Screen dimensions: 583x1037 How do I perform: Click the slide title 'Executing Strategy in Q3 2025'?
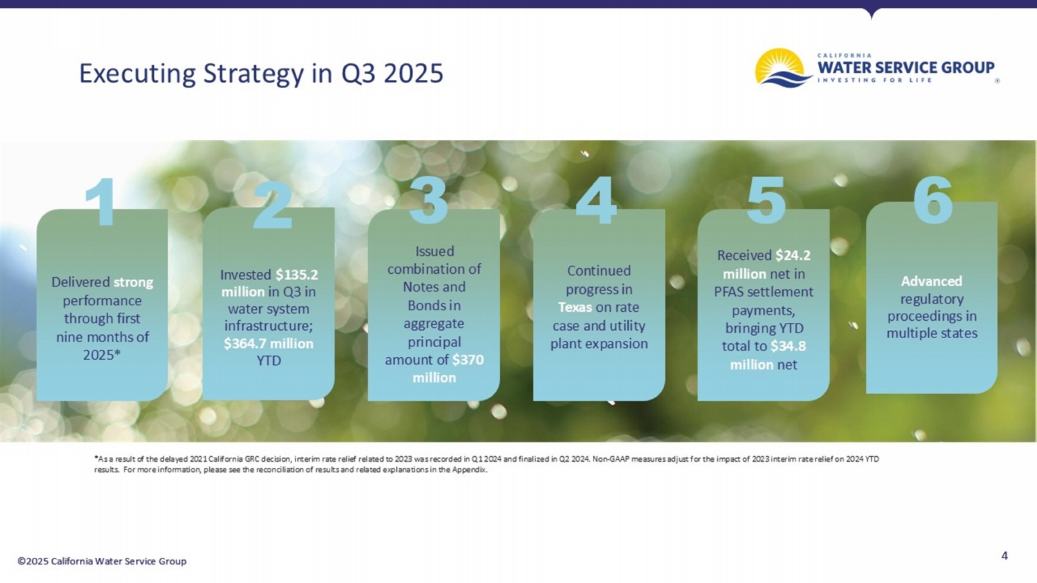pyautogui.click(x=261, y=73)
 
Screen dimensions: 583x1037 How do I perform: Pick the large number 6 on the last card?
pyautogui.click(x=933, y=200)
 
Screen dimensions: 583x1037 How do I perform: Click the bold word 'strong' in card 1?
pyautogui.click(x=133, y=282)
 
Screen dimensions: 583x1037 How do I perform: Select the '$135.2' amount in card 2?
pyautogui.click(x=297, y=274)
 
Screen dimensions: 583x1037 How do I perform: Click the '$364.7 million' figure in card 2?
pyautogui.click(x=268, y=343)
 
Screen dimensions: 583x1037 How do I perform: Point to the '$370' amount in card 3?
pyautogui.click(x=468, y=359)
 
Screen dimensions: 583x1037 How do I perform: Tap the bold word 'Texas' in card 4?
pyautogui.click(x=575, y=307)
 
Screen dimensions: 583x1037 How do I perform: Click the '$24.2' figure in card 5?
pyautogui.click(x=792, y=255)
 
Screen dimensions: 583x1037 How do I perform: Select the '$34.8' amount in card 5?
pyautogui.click(x=788, y=346)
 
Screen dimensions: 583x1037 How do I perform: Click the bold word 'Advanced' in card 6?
pyautogui.click(x=931, y=281)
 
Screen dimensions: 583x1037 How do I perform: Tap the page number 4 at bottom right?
pyautogui.click(x=1005, y=555)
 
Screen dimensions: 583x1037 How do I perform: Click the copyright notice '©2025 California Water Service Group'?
pyautogui.click(x=102, y=561)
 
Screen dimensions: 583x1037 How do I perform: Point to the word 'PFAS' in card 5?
pyautogui.click(x=730, y=291)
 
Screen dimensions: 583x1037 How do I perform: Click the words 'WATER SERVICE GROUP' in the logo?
pyautogui.click(x=906, y=68)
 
